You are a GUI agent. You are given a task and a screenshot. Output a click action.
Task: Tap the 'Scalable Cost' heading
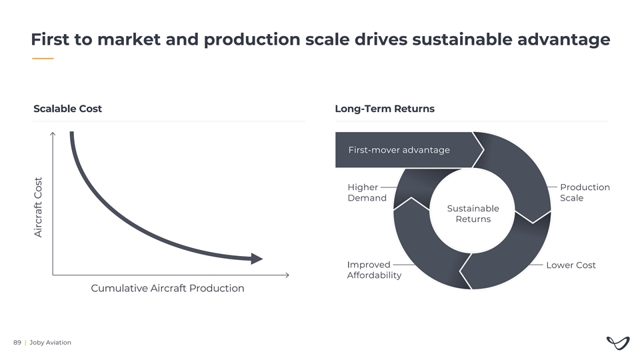(x=67, y=109)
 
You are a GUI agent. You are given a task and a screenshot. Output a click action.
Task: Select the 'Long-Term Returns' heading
(x=384, y=109)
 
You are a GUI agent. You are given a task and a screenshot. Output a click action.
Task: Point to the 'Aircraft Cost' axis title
(x=39, y=207)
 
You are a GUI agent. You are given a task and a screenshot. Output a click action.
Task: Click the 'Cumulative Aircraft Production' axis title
(x=167, y=289)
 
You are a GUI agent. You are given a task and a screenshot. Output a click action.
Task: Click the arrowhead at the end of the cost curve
(x=257, y=259)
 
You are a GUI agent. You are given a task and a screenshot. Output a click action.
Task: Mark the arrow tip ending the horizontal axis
(x=287, y=275)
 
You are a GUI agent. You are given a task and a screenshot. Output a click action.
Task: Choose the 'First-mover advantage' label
(x=399, y=150)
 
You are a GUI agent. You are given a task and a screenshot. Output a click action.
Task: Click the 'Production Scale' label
(x=585, y=193)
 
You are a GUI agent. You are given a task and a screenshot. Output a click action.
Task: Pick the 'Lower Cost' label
(x=571, y=265)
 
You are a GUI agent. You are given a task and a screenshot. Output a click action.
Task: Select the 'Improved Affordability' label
(x=374, y=270)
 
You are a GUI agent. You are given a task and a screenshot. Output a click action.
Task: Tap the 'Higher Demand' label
(x=367, y=193)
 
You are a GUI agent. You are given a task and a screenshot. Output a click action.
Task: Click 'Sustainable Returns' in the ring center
(x=473, y=214)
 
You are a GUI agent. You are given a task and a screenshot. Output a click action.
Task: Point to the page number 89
(x=17, y=343)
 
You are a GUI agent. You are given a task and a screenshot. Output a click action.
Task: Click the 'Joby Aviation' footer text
(x=50, y=343)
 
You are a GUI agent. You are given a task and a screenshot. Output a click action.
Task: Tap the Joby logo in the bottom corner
(x=619, y=342)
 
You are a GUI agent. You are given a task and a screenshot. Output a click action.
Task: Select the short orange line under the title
(x=43, y=59)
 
